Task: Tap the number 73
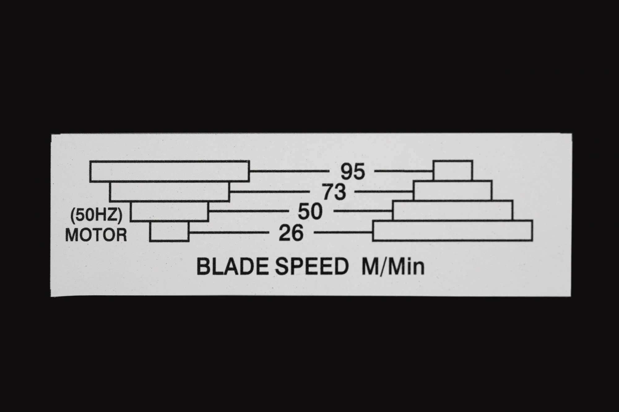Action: [334, 192]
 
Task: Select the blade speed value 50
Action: [310, 212]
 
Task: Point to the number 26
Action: [291, 233]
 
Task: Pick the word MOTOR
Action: [96, 235]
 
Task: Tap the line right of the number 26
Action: [343, 232]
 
